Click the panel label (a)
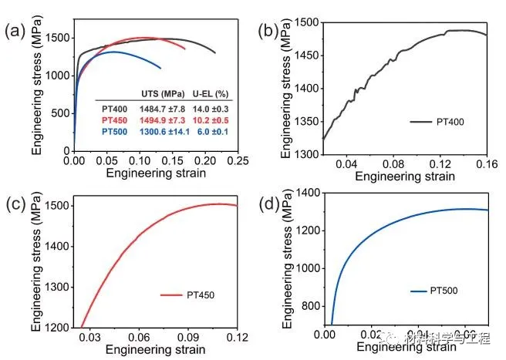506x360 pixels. [15, 32]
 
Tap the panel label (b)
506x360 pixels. [268, 32]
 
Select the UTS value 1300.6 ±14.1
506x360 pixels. [163, 132]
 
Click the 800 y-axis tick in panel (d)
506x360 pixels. [309, 305]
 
